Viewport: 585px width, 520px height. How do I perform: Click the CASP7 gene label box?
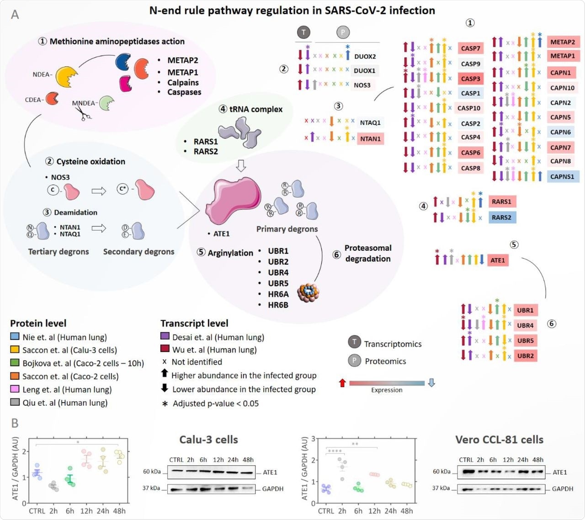click(x=470, y=48)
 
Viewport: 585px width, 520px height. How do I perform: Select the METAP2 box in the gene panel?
click(x=563, y=42)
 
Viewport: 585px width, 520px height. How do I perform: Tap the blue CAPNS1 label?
click(x=563, y=176)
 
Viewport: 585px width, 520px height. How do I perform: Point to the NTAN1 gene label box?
click(x=370, y=138)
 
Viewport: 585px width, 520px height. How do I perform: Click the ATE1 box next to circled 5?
click(x=498, y=260)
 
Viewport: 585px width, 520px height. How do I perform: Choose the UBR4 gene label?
click(x=525, y=325)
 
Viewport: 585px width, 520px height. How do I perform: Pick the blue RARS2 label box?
click(x=501, y=218)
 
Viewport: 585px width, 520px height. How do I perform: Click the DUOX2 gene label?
click(x=365, y=56)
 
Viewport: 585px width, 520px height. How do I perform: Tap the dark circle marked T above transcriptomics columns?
click(x=303, y=32)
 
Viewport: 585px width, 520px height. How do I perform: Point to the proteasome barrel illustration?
click(x=308, y=292)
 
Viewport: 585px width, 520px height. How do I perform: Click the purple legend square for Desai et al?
click(x=165, y=336)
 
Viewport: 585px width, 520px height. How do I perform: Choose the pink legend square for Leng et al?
click(x=15, y=389)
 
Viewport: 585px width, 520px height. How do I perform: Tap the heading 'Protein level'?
click(x=38, y=323)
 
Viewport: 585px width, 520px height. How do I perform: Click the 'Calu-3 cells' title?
click(x=208, y=440)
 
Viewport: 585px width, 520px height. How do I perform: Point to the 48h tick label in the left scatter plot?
click(x=119, y=511)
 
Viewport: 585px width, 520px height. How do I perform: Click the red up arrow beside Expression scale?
click(x=342, y=383)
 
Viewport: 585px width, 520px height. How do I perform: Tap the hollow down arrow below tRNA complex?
click(x=241, y=165)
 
